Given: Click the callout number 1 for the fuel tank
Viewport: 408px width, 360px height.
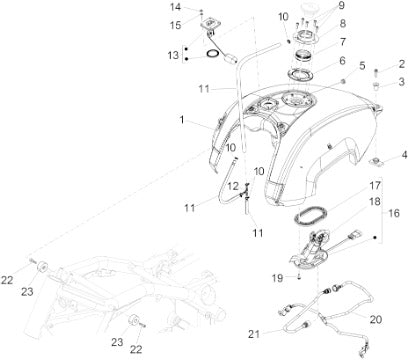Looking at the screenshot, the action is click(x=182, y=120).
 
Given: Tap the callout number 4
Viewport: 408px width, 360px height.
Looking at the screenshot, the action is click(x=404, y=155).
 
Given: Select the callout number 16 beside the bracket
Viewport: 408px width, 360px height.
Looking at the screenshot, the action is click(x=394, y=213).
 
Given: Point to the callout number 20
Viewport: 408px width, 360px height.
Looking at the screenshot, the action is click(x=376, y=319).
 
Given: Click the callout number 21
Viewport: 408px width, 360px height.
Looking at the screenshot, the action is click(x=254, y=334).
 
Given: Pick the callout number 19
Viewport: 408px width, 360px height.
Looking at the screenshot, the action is click(x=277, y=278).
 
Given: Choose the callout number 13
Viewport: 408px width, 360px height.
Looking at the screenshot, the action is click(x=173, y=55).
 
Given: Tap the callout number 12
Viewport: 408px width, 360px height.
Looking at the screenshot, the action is click(x=233, y=186).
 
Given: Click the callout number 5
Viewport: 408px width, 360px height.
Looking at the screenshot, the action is click(x=362, y=66).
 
